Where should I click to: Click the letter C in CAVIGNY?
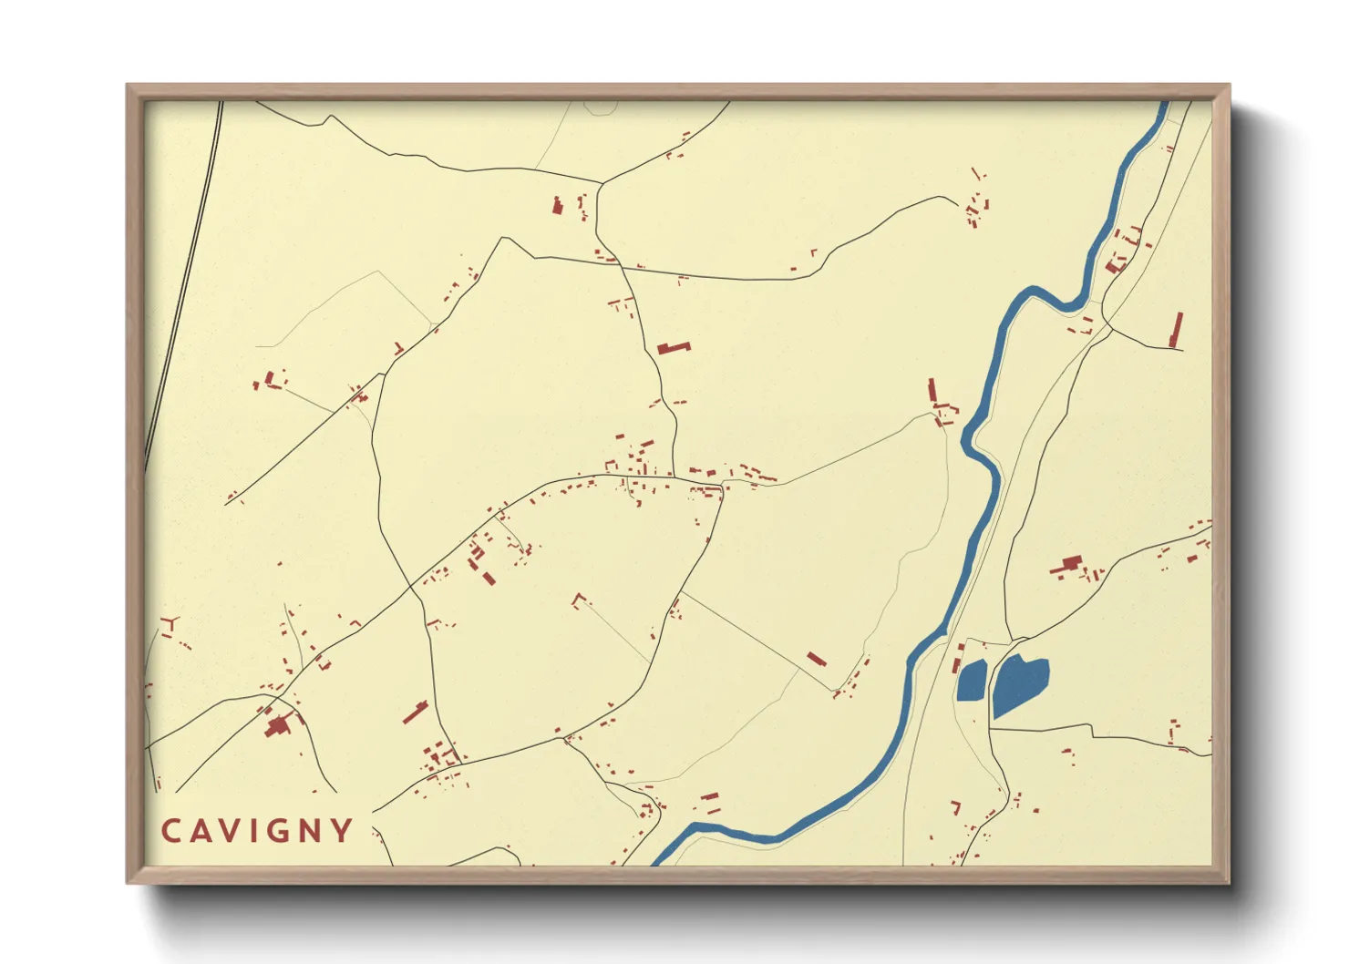click(170, 831)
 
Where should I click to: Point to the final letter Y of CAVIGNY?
click(341, 831)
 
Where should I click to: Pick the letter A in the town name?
click(200, 831)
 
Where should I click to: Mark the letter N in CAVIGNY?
click(310, 831)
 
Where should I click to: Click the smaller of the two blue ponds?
click(972, 681)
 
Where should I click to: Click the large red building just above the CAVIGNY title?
click(276, 726)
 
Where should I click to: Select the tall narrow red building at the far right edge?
click(1177, 330)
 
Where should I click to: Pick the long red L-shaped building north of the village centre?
click(674, 347)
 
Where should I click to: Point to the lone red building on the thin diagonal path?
click(816, 659)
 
